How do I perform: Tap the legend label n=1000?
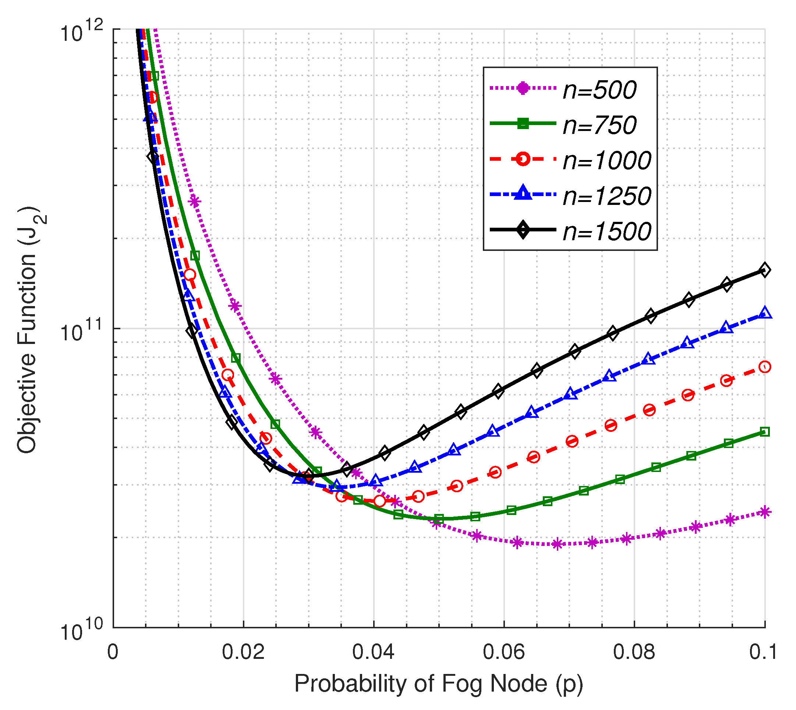tap(606, 160)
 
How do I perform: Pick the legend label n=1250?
tap(606, 196)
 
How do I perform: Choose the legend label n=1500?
tap(606, 231)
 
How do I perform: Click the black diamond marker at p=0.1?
tap(765, 270)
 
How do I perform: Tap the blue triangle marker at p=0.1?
tap(765, 313)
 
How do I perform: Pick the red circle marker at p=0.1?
tap(765, 367)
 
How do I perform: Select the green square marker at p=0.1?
tap(765, 432)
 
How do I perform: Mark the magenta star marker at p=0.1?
tap(765, 512)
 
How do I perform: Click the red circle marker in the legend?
tap(523, 159)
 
